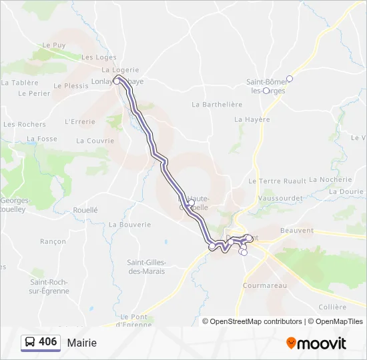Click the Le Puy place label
coord(54,45)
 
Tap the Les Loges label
coord(99,57)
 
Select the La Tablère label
coord(19,83)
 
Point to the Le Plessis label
coord(71,85)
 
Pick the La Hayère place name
coord(252,119)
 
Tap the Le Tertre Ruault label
coord(276,181)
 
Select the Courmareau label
coord(265,285)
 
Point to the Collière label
coord(333,307)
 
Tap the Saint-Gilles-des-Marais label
coord(146,267)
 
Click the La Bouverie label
coord(129,225)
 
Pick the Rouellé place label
coord(85,209)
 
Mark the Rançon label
coord(53,241)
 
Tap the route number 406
coord(47,342)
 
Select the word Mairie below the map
coord(81,343)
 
